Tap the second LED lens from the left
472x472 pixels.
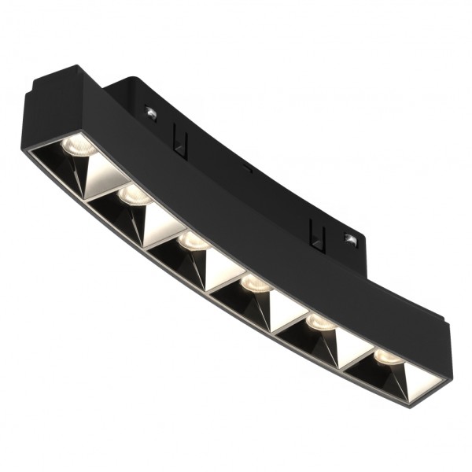[135, 195]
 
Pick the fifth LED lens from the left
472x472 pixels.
[319, 323]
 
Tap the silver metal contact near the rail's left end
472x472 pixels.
[150, 113]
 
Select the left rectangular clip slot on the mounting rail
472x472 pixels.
[180, 144]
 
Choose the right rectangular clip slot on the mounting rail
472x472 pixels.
[316, 231]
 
